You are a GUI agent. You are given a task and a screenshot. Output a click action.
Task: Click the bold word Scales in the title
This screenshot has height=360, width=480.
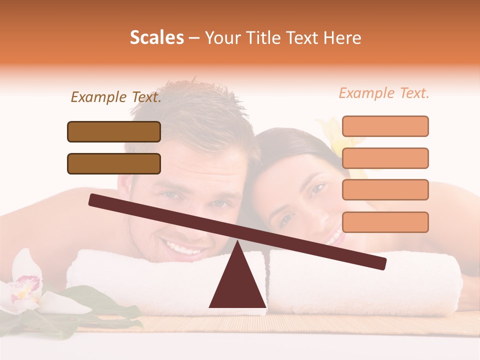click(156, 37)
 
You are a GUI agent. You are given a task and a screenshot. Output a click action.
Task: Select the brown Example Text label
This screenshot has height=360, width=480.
click(116, 97)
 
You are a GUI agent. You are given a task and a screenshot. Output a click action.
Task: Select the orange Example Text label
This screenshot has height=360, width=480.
click(384, 93)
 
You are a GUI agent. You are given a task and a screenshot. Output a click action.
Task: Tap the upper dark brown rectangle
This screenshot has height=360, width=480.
click(114, 131)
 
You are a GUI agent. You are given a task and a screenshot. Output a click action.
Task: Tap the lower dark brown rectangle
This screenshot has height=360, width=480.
click(114, 163)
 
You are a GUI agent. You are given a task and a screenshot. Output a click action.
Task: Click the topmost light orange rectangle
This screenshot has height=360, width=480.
click(385, 126)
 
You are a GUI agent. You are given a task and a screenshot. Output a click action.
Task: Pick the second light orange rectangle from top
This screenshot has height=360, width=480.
click(385, 158)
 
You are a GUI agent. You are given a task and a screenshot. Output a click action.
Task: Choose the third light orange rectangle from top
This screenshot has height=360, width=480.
click(385, 189)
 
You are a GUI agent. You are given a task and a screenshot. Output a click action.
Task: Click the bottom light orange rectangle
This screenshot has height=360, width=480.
click(385, 222)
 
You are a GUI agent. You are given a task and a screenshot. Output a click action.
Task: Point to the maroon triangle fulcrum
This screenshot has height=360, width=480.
click(237, 285)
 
